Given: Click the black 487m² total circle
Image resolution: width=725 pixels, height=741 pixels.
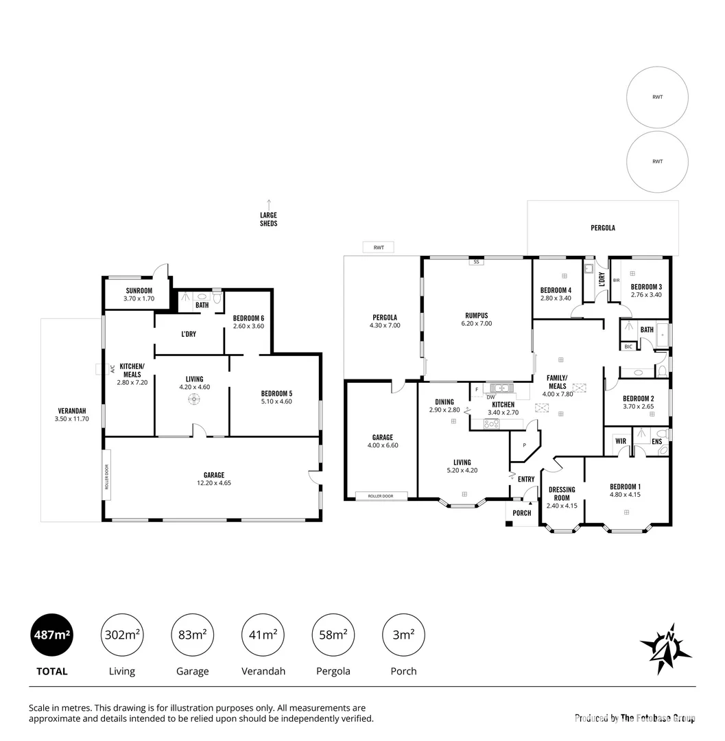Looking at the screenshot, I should [x=53, y=635].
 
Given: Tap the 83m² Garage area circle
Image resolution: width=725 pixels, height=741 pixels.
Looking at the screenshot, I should [x=192, y=635].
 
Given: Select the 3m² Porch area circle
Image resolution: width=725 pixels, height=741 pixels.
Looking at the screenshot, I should [x=403, y=635].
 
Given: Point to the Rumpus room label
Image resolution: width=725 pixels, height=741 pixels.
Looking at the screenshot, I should [x=478, y=319].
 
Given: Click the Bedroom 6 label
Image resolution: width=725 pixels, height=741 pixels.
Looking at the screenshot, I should [x=248, y=322].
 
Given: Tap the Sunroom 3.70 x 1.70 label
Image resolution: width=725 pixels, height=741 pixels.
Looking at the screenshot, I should [x=139, y=294].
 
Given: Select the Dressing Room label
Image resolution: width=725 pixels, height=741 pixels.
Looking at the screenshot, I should [x=562, y=497].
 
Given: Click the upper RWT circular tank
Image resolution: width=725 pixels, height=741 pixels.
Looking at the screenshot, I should [x=657, y=97].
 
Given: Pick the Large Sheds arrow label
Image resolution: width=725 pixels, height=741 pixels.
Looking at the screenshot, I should [x=269, y=216].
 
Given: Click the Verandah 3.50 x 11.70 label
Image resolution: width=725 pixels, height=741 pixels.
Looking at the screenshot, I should [x=71, y=414].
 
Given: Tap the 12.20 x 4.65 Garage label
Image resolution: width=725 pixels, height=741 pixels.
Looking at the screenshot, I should [x=213, y=479].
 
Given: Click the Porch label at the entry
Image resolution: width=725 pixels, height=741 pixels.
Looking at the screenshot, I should [x=522, y=513].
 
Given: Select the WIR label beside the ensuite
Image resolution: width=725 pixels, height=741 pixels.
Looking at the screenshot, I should [x=620, y=441].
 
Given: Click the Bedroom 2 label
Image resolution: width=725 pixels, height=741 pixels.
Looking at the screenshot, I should [x=638, y=402].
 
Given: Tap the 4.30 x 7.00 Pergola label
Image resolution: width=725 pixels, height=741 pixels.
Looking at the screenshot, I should [x=385, y=321].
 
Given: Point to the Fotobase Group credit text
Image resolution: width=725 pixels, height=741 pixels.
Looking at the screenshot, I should [x=634, y=718].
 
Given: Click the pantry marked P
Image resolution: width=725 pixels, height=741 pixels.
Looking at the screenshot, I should [x=524, y=445].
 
